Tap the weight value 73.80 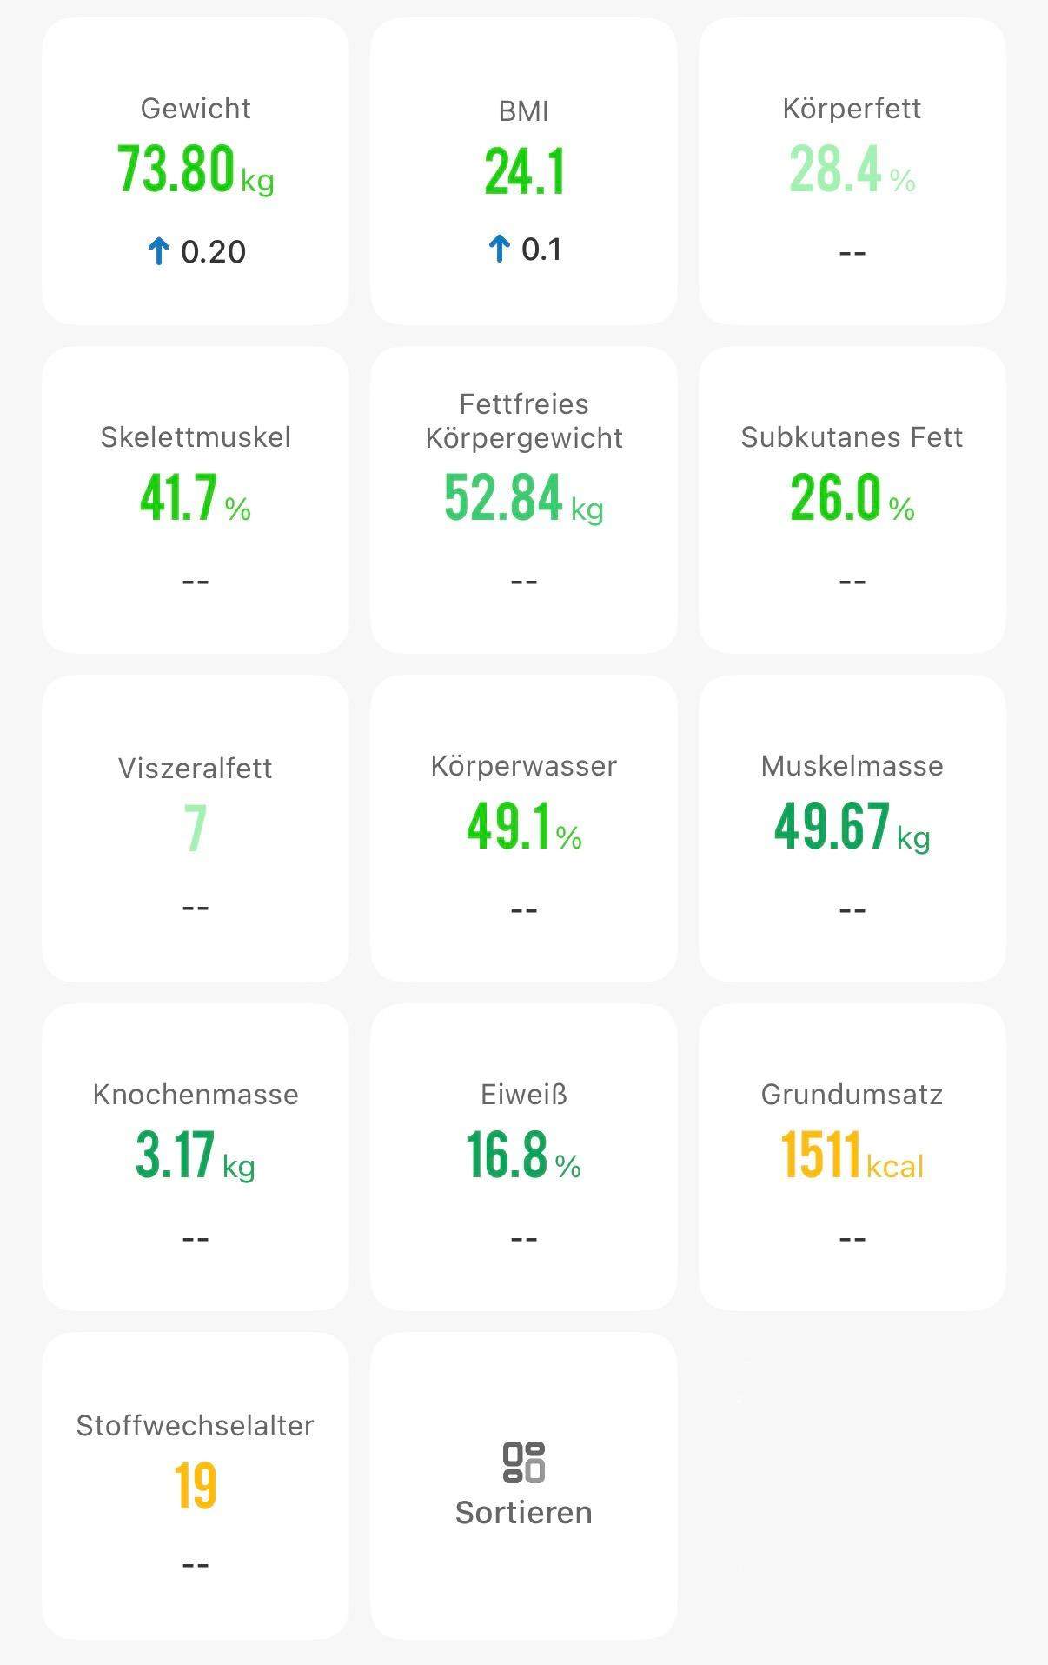tap(176, 169)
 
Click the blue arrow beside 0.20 tap(158, 252)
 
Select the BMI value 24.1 tap(524, 171)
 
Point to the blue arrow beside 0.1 tap(499, 250)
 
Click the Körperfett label tap(852, 109)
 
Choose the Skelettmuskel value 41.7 tap(178, 498)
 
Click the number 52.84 tap(504, 498)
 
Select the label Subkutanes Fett tap(852, 437)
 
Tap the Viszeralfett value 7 tap(196, 829)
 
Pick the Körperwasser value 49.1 tap(509, 826)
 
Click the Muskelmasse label tap(852, 766)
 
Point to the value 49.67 tap(832, 826)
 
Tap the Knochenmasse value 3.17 tap(175, 1156)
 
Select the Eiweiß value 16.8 tap(507, 1156)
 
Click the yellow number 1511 tap(821, 1156)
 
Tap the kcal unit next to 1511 tap(894, 1166)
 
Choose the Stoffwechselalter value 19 tap(196, 1486)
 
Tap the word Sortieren tap(524, 1513)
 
